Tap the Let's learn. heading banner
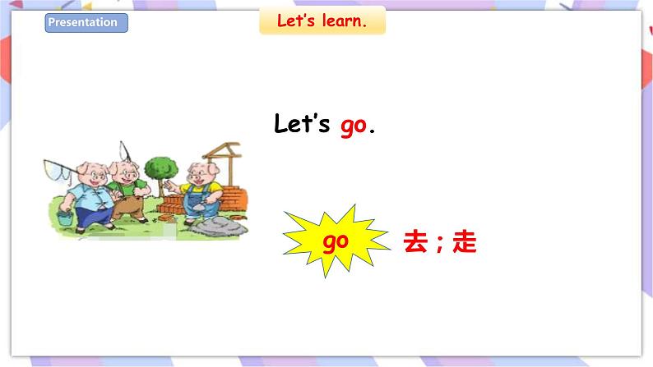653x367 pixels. (x=322, y=21)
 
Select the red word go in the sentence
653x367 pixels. (x=353, y=126)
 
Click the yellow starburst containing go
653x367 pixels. (x=336, y=241)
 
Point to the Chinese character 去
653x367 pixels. (x=415, y=242)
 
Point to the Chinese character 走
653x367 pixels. (x=465, y=242)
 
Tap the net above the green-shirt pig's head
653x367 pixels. (x=124, y=150)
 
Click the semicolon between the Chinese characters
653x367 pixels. (x=440, y=245)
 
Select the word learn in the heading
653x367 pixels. (x=344, y=21)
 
